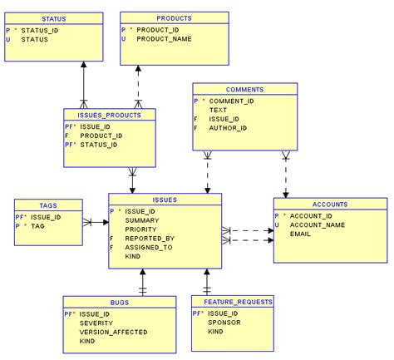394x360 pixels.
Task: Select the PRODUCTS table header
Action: pyautogui.click(x=174, y=17)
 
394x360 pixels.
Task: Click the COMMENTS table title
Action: pyautogui.click(x=244, y=89)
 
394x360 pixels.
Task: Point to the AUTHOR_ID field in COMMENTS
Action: pyautogui.click(x=228, y=128)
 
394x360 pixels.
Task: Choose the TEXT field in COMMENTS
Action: pyautogui.click(x=218, y=110)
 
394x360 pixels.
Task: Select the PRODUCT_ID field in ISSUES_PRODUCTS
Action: pyautogui.click(x=101, y=136)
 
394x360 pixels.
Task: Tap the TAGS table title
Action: pyautogui.click(x=48, y=205)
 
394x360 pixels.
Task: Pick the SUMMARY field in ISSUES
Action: pyautogui.click(x=142, y=219)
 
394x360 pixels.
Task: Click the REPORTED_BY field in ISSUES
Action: pyautogui.click(x=150, y=238)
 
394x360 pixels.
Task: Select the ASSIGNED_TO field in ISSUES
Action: pyautogui.click(x=149, y=247)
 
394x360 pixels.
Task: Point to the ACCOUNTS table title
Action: pyautogui.click(x=330, y=204)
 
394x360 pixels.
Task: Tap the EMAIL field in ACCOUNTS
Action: pyautogui.click(x=300, y=234)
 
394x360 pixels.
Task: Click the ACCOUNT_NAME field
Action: pyautogui.click(x=317, y=224)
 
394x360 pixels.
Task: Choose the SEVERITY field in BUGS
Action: pyautogui.click(x=96, y=323)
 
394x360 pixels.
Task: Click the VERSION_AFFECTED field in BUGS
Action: pyautogui.click(x=114, y=332)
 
